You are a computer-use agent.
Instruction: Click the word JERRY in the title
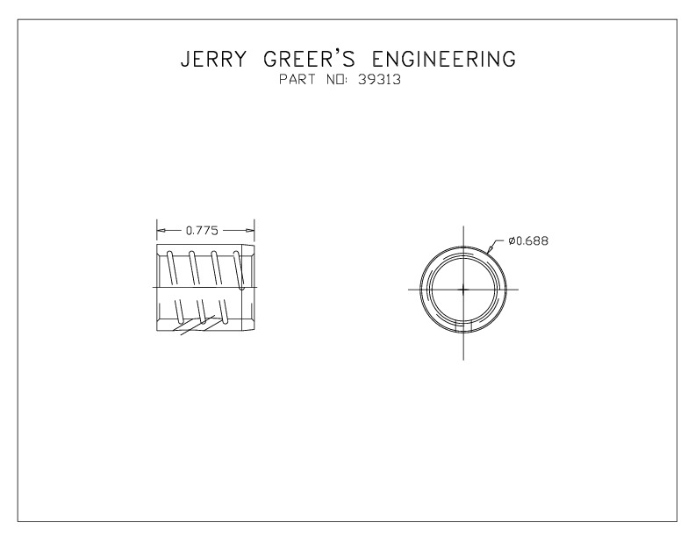(213, 59)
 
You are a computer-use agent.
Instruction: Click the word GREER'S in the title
(310, 59)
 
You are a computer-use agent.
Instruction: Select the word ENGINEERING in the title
(444, 59)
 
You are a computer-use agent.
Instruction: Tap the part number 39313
(379, 80)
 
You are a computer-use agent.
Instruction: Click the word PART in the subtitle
(297, 80)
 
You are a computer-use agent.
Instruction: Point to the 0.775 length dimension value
(202, 231)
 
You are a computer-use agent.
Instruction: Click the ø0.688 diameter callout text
(528, 241)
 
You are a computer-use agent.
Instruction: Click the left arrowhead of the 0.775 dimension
(161, 231)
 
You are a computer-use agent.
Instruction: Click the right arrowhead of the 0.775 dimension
(249, 231)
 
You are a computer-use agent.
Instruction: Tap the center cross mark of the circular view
(463, 290)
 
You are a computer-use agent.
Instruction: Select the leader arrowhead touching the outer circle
(489, 248)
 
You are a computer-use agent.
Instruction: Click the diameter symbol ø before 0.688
(512, 241)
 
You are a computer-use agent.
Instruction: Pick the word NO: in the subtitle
(339, 80)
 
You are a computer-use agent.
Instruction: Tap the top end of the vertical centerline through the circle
(463, 226)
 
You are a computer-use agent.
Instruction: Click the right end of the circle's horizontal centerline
(519, 290)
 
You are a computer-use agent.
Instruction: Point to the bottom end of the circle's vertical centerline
(463, 360)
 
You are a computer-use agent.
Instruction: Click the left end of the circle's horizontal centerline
(408, 290)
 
